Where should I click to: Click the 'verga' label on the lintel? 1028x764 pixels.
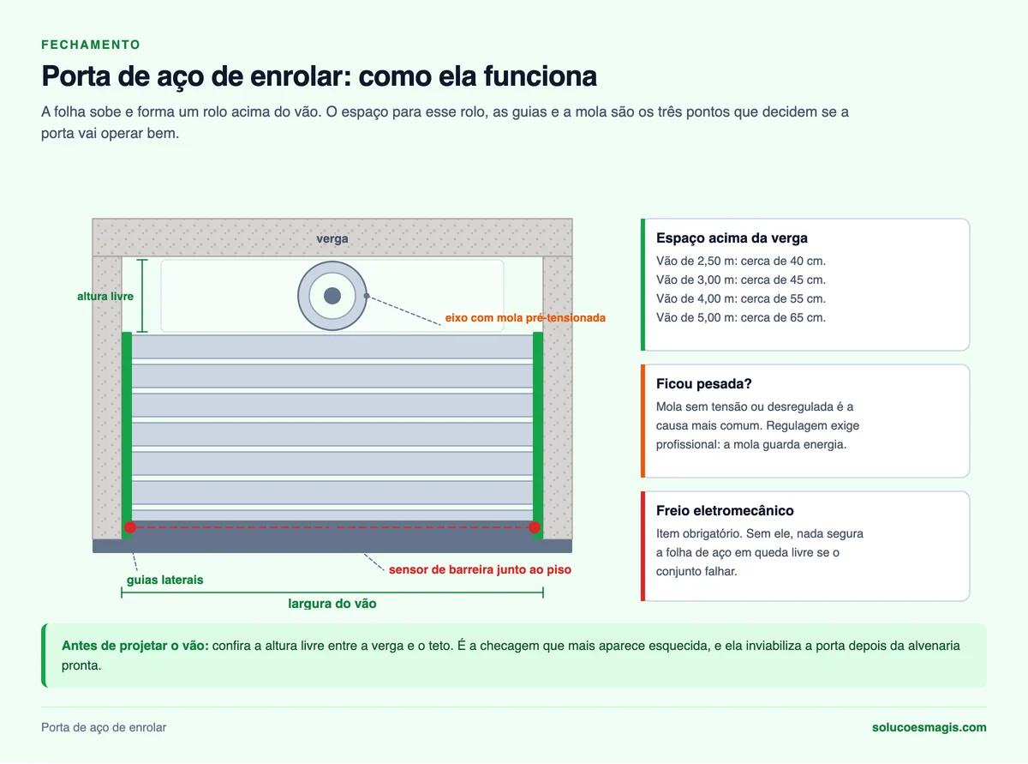[x=332, y=238]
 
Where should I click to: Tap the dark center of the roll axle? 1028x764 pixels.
[x=332, y=296]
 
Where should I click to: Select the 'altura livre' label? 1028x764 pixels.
[x=105, y=296]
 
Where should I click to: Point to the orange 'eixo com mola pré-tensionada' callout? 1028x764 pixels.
[x=525, y=318]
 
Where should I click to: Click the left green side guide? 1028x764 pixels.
[x=127, y=435]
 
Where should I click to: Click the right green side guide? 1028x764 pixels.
[x=538, y=435]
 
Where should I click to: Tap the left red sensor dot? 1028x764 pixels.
[x=130, y=527]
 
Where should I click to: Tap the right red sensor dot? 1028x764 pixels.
[x=534, y=527]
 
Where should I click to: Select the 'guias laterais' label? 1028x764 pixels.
[x=164, y=580]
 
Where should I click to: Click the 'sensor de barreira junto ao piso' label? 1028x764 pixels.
[x=480, y=569]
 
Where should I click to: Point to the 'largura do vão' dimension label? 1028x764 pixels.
[x=332, y=604]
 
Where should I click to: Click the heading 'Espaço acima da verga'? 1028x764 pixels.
[x=732, y=238]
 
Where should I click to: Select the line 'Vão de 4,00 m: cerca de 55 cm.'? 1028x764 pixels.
[x=741, y=298]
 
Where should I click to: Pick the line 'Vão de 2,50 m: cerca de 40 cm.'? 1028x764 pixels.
[x=741, y=262]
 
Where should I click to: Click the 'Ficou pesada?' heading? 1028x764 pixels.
[x=703, y=383]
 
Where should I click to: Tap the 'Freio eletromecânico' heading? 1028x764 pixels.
[x=725, y=510]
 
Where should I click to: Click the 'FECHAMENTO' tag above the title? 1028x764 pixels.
[x=91, y=45]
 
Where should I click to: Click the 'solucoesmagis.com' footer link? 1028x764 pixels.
[x=929, y=727]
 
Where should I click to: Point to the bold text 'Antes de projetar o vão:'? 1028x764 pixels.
[x=135, y=646]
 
